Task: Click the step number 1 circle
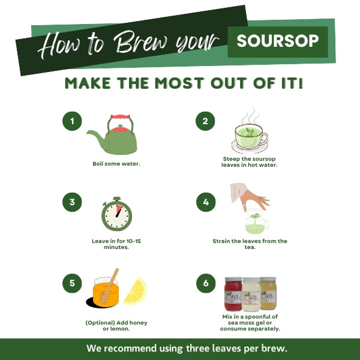72,121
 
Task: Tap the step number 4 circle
206,202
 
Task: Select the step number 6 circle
206,283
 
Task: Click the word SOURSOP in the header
278,41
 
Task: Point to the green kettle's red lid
121,130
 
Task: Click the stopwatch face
117,216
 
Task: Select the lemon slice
136,292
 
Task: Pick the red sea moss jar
233,294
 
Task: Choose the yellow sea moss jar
268,293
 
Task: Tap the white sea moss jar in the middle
251,295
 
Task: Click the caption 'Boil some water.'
116,164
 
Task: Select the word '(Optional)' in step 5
100,323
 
